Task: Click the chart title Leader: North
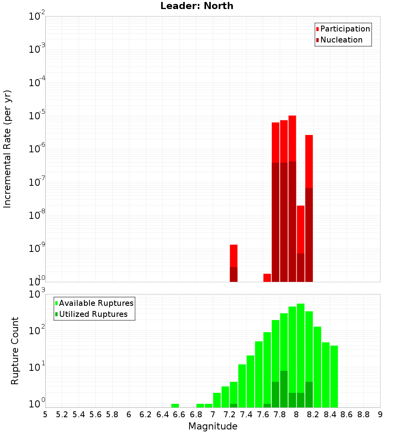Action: (197, 6)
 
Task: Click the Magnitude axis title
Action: (213, 426)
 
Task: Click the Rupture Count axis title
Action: (15, 350)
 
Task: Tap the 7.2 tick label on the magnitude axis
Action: (229, 414)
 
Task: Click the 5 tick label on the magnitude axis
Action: (45, 414)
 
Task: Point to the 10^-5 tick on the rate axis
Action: (37, 116)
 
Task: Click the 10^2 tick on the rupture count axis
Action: (37, 330)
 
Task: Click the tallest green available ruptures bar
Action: (301, 354)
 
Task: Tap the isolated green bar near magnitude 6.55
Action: (175, 405)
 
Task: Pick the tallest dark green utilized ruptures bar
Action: (284, 389)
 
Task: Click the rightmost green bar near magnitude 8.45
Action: (334, 376)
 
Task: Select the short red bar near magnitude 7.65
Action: (267, 278)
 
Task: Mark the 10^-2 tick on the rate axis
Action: (37, 17)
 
